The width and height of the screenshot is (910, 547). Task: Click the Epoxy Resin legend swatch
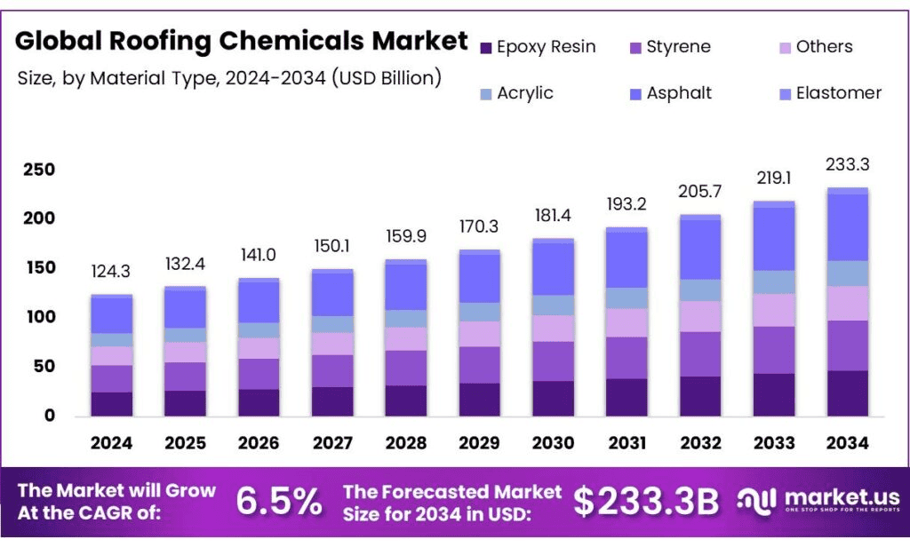(x=485, y=47)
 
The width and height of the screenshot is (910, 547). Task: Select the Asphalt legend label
(x=679, y=93)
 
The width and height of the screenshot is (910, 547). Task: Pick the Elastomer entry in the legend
(x=838, y=93)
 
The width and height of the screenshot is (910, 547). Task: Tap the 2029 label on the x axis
(x=479, y=442)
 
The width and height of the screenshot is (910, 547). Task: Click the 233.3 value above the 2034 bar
(x=847, y=164)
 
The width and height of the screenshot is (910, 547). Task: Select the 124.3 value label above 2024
(x=111, y=271)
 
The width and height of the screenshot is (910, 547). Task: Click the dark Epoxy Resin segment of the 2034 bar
(x=847, y=393)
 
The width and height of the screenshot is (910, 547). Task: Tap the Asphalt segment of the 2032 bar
(x=699, y=250)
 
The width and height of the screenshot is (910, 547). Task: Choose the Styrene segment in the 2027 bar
(x=331, y=371)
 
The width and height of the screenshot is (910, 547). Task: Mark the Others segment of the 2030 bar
(x=553, y=329)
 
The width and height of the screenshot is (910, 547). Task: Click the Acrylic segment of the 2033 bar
(x=773, y=282)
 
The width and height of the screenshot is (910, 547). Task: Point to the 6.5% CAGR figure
(x=279, y=502)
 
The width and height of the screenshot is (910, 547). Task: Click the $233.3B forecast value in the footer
(x=645, y=502)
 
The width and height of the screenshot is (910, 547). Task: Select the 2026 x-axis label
(x=259, y=442)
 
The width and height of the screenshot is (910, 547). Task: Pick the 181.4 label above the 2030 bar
(x=553, y=217)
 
